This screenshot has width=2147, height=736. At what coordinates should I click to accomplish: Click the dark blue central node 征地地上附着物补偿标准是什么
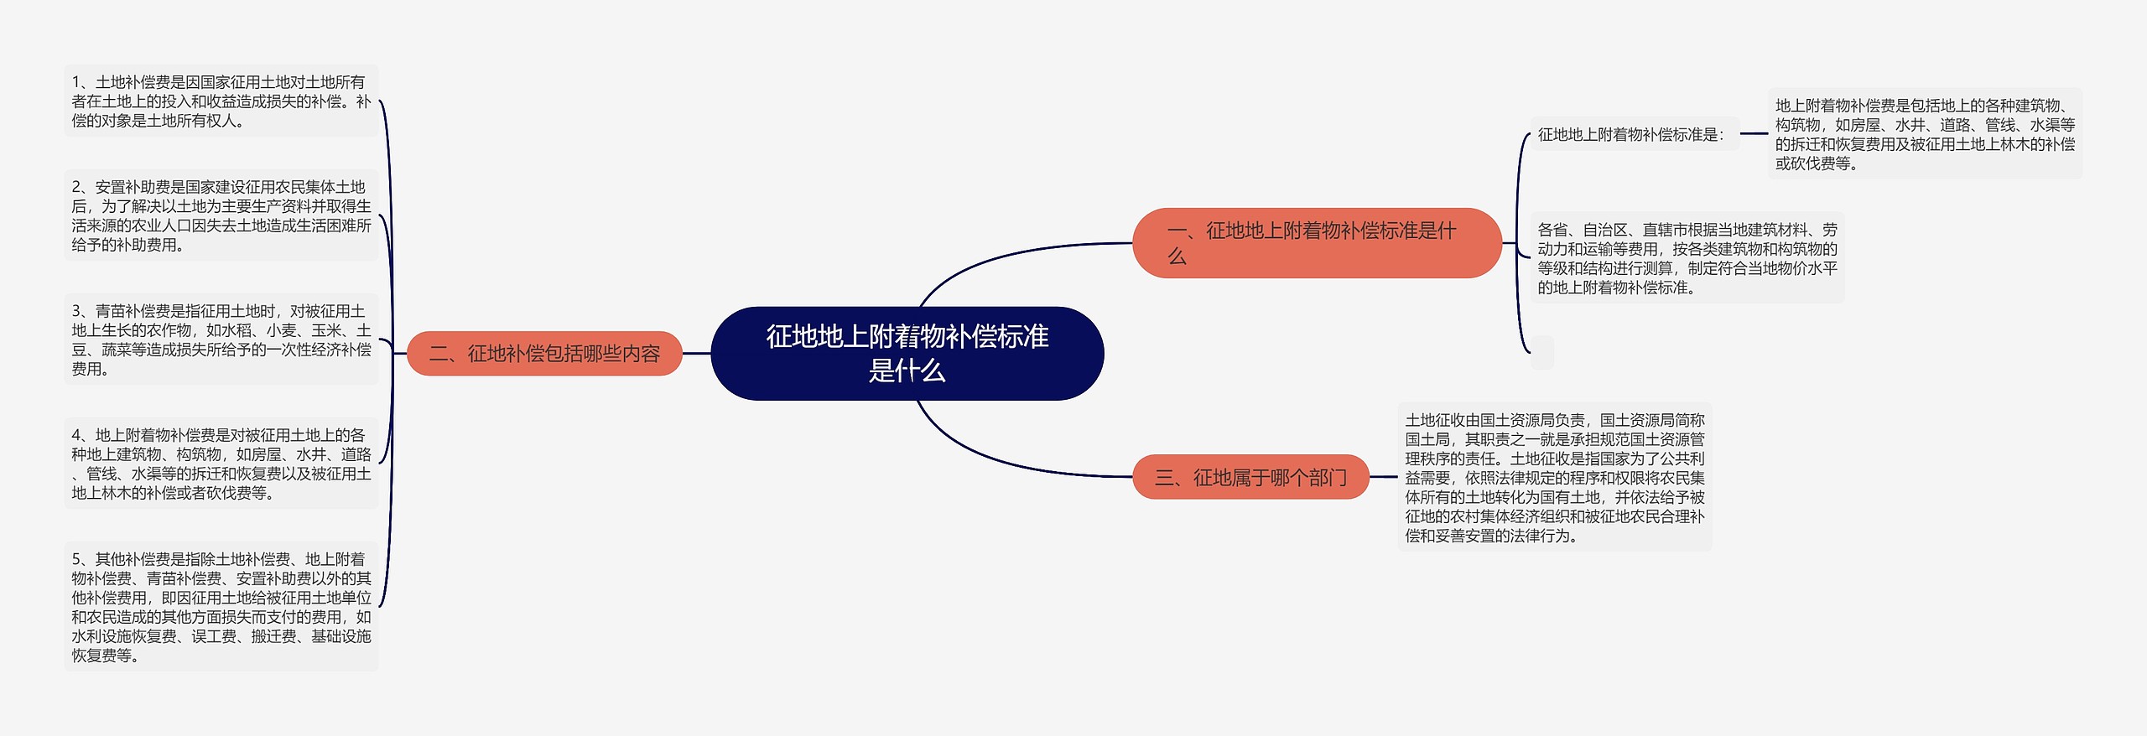point(907,353)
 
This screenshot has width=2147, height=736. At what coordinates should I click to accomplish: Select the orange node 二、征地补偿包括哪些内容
point(544,354)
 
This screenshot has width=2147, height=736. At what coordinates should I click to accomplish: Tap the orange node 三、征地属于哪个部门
point(1250,478)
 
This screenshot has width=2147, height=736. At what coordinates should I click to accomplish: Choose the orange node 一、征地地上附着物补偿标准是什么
point(1316,243)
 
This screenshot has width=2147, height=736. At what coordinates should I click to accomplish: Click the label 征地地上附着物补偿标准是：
point(1631,134)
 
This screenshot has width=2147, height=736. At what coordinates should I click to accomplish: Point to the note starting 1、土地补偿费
point(221,101)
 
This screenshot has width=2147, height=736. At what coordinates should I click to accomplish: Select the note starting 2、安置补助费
point(221,215)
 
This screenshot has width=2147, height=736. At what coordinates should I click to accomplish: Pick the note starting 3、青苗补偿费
point(221,339)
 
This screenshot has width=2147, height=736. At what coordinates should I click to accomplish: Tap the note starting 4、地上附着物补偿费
point(221,464)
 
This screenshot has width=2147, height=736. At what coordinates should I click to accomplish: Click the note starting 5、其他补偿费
point(221,607)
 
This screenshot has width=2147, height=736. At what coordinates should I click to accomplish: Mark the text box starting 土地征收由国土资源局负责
point(1555,477)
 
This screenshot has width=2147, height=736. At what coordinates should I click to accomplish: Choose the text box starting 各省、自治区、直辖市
point(1687,258)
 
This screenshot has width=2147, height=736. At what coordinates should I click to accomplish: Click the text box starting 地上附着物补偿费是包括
point(1925,134)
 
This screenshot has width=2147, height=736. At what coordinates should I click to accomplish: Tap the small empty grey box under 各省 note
point(1542,353)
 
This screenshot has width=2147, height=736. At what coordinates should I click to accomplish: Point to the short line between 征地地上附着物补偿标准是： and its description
point(1754,134)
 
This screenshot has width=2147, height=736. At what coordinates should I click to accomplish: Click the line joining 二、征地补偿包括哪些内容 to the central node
point(696,354)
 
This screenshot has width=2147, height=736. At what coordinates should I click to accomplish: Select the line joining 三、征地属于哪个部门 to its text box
point(1383,477)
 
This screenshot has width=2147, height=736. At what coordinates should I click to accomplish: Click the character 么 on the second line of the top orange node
point(1177,257)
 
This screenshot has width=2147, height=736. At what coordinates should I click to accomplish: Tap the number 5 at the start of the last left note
point(76,559)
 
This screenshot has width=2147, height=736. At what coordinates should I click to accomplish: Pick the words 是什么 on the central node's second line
point(907,371)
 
